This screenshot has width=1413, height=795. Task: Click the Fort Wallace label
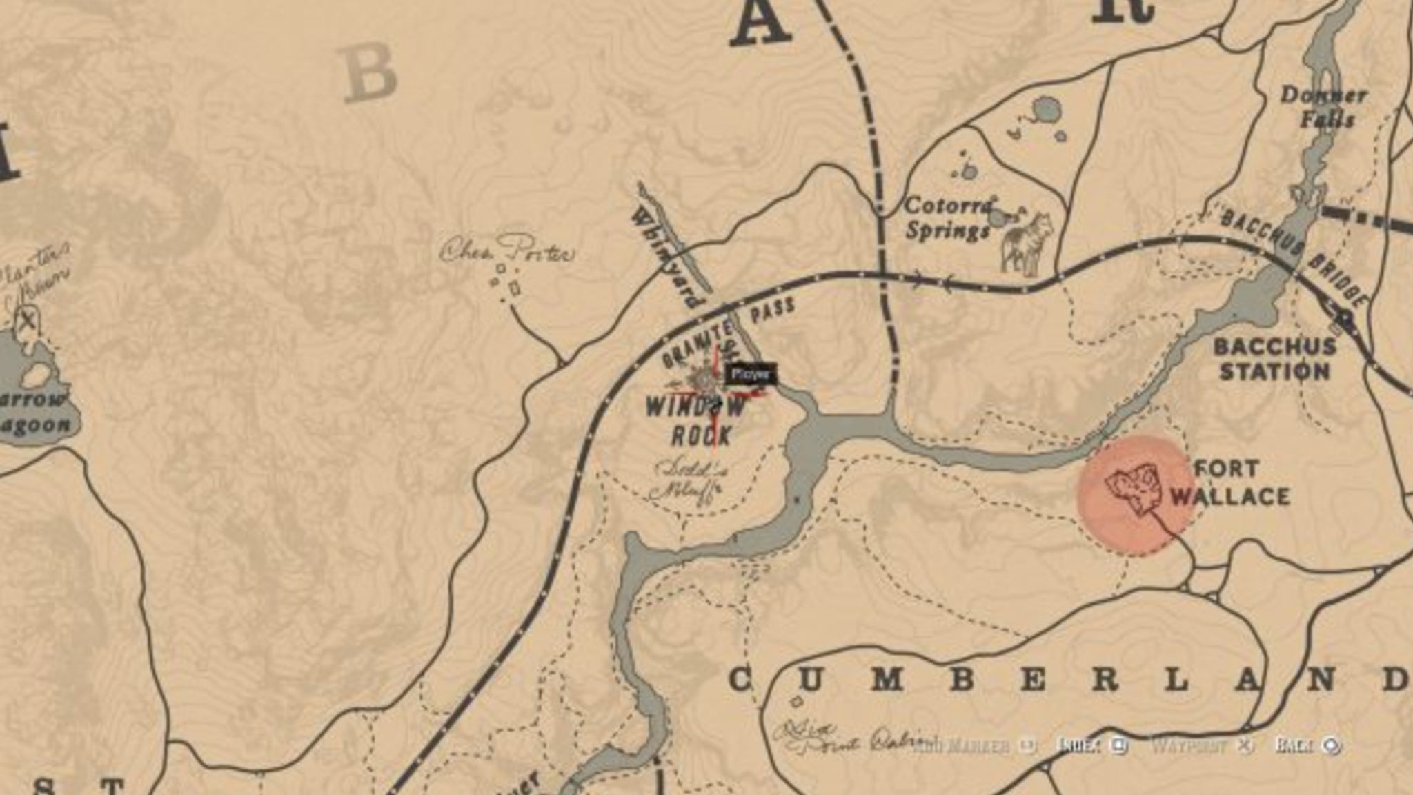tap(1229, 483)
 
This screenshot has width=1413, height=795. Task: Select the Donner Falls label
tap(1323, 107)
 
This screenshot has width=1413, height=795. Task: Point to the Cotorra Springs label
tap(949, 217)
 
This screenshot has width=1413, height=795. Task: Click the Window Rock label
tap(695, 421)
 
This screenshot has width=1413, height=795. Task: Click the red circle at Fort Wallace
tap(1136, 495)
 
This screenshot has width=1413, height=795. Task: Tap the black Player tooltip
tap(751, 375)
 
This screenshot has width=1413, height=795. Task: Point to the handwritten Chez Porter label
tap(507, 251)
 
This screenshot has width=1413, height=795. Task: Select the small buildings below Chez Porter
tap(507, 279)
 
